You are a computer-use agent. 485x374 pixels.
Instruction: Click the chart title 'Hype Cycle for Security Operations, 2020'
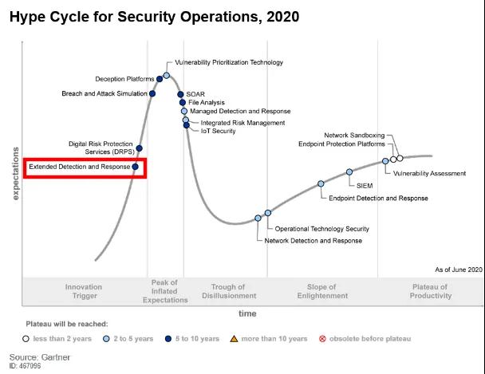click(154, 15)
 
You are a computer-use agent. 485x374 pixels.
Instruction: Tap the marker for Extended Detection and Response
click(135, 167)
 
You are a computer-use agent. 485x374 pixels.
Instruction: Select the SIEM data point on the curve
click(349, 172)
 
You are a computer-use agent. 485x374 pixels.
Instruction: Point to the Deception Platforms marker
click(160, 79)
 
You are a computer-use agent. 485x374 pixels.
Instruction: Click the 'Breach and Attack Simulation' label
click(104, 94)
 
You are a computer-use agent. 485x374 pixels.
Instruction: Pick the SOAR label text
click(195, 94)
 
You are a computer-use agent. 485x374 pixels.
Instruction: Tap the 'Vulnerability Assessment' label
click(429, 173)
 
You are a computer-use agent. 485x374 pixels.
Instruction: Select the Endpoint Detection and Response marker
click(321, 183)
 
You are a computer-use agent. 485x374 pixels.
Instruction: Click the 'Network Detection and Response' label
click(313, 240)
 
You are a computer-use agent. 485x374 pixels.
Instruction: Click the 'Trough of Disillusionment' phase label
click(234, 291)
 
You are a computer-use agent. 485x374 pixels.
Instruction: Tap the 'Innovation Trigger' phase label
click(83, 291)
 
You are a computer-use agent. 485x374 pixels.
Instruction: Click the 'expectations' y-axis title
click(15, 172)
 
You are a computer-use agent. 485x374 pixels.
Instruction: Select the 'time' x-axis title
click(247, 313)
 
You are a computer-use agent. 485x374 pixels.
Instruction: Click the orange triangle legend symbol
click(235, 339)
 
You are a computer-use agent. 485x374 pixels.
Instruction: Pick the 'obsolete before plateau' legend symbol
click(322, 339)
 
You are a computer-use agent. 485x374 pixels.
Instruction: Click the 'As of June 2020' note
click(459, 270)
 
